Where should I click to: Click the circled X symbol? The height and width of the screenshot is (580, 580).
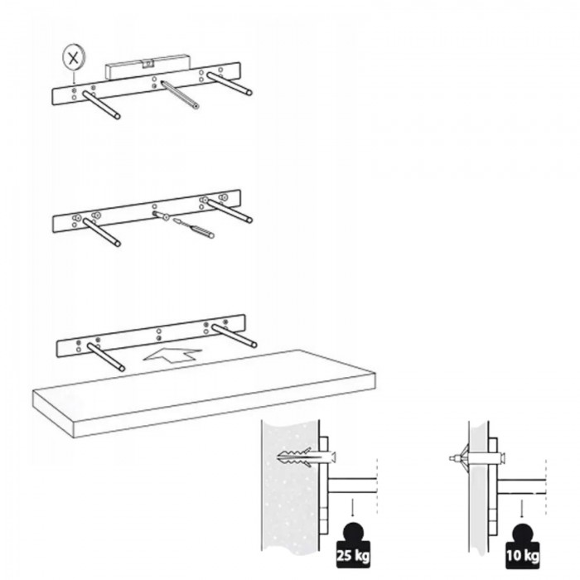pyautogui.click(x=74, y=58)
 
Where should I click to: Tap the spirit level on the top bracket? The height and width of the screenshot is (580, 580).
pyautogui.click(x=148, y=66)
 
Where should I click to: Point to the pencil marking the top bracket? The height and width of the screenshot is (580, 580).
pyautogui.click(x=180, y=94)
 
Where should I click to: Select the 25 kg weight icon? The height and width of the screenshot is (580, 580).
pyautogui.click(x=352, y=545)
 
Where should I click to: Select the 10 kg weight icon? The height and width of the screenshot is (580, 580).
pyautogui.click(x=522, y=546)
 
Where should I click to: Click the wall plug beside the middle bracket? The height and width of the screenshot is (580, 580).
pyautogui.click(x=201, y=231)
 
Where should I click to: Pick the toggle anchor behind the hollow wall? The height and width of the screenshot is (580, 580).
pyautogui.click(x=460, y=458)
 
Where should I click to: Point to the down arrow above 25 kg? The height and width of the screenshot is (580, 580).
pyautogui.click(x=351, y=507)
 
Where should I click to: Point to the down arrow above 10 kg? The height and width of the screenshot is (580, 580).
pyautogui.click(x=521, y=509)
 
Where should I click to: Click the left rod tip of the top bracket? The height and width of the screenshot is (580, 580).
pyautogui.click(x=118, y=116)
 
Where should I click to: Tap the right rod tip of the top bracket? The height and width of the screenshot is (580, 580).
pyautogui.click(x=249, y=92)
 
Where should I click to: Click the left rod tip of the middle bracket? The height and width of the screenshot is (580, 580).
pyautogui.click(x=118, y=244)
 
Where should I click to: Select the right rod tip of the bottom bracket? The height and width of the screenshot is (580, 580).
pyautogui.click(x=254, y=345)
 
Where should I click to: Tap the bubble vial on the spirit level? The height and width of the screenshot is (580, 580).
pyautogui.click(x=148, y=65)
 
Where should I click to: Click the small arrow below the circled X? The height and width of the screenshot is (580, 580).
pyautogui.click(x=74, y=77)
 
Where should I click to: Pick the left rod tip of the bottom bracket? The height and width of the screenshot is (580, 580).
pyautogui.click(x=122, y=369)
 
